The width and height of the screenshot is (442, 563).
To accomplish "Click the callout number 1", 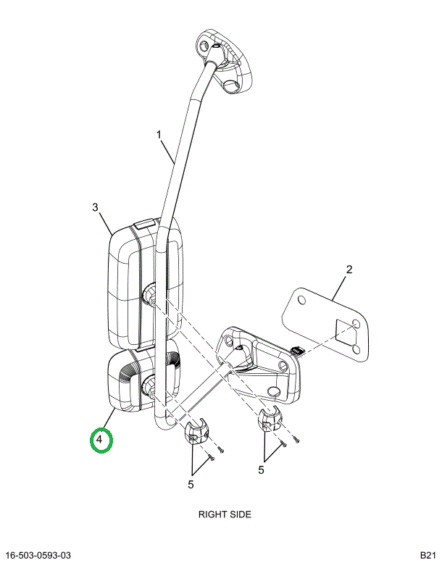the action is point(159,135).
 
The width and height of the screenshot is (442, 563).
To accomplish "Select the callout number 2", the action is point(349,270).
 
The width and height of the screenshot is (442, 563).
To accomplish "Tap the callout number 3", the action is point(95,207).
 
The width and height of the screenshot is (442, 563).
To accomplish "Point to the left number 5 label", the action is point(191,484).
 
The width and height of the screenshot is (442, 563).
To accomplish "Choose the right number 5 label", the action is point(261,470).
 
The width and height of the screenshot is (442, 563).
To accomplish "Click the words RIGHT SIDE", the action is point(225,514).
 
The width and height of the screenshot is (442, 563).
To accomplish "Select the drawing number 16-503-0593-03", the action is point(38,556).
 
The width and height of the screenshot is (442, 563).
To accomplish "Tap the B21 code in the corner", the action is point(429,556).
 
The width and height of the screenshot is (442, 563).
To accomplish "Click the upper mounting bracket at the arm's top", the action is point(223,61).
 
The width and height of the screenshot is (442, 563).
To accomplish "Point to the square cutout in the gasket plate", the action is point(346,331).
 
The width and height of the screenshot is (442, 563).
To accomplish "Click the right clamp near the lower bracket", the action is point(270,419).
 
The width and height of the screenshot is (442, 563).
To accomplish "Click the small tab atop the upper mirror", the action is point(144,224).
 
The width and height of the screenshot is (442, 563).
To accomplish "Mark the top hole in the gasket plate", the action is point(302,299).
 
